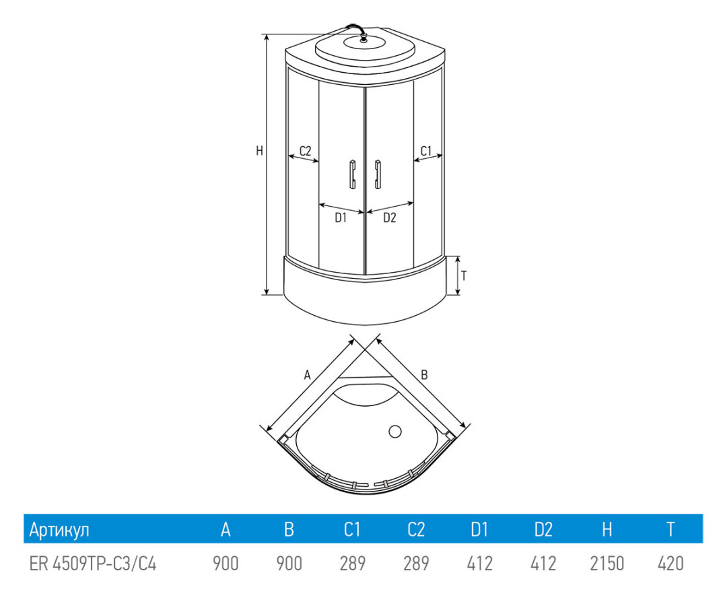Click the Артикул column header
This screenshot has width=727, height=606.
coord(59,530)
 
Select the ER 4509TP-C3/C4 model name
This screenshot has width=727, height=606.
coord(93,563)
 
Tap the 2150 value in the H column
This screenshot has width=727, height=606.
coord(607,563)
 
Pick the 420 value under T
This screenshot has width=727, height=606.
coord(670,563)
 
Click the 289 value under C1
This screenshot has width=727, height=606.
coord(352,563)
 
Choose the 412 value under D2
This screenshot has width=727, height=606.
coord(543,563)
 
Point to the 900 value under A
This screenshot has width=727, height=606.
coord(226,563)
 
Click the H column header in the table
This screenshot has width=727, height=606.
coord(607,530)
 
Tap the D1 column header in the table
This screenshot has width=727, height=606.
coord(479,530)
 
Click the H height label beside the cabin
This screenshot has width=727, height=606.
coord(259,151)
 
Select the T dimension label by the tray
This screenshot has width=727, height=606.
coord(464,275)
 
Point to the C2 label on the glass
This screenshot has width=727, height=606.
coord(305,150)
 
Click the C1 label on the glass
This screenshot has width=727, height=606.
coord(426,150)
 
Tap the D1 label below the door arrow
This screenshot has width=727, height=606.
coord(341,217)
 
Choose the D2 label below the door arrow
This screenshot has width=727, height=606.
coord(390,217)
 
